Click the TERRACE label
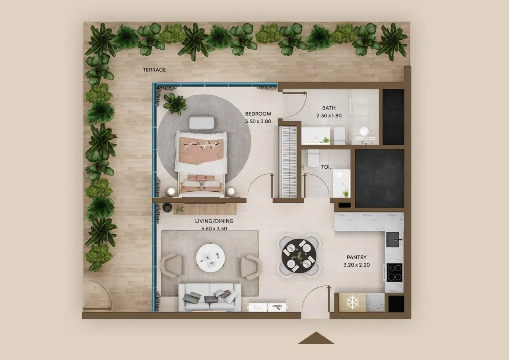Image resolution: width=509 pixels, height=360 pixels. tap(154, 70)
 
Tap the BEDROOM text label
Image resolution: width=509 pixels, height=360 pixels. tap(258, 114)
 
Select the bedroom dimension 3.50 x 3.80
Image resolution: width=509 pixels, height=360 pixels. tap(258, 121)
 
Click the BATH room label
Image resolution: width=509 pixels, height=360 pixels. tap(328, 108)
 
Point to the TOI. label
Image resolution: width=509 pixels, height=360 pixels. tap(326, 167)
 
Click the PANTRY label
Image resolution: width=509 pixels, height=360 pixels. tap(356, 257)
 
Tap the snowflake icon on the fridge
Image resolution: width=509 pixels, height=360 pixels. tap(352, 303)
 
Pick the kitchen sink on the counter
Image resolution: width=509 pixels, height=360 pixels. tap(394, 239)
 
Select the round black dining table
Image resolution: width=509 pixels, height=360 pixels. tap(299, 255)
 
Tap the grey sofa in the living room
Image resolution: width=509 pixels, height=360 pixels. tap(210, 297)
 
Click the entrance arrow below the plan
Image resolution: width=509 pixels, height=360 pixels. tap(316, 338)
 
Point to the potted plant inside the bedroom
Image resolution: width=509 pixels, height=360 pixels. tap(174, 103)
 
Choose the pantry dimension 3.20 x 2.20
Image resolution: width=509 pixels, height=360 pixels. tap(356, 265)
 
